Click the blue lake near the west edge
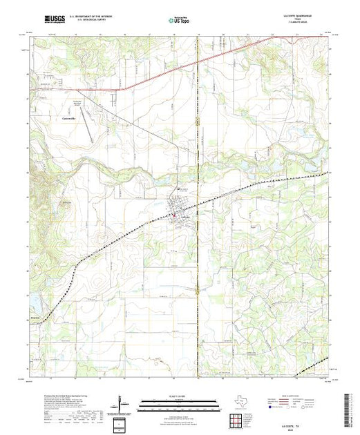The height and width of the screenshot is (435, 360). point(32,302)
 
